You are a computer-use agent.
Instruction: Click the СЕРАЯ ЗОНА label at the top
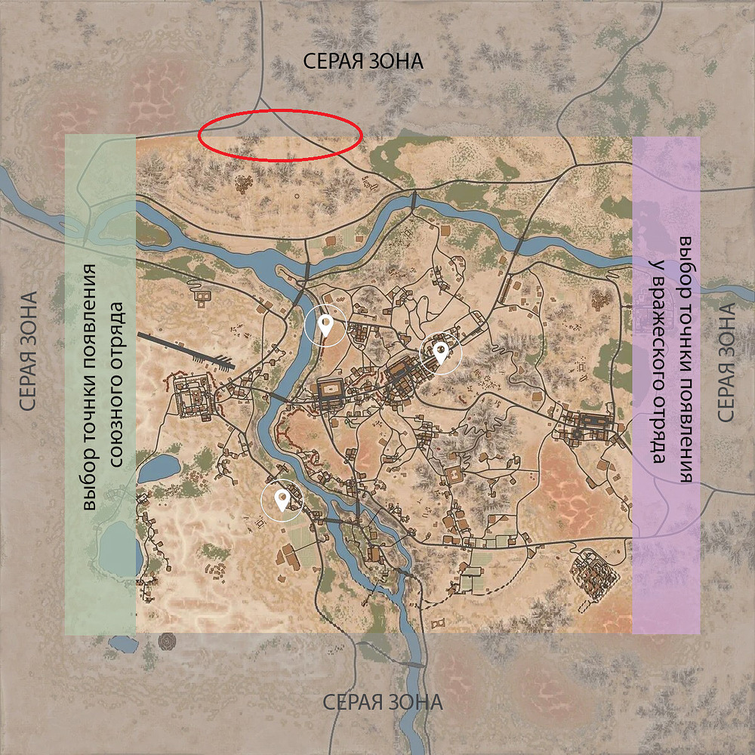363,61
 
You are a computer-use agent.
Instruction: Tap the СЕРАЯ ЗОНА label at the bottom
383,702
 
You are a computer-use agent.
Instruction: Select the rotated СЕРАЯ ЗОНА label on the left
29,352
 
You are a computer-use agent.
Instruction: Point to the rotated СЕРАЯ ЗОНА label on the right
726,363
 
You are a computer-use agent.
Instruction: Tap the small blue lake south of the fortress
159,468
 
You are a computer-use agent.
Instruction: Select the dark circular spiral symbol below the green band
167,642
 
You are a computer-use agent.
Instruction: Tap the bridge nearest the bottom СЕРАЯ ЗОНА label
411,664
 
